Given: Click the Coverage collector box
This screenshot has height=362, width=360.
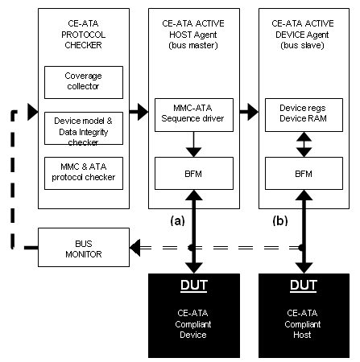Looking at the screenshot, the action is click(84, 82).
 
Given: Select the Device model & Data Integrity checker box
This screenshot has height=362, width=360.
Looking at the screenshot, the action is click(84, 129).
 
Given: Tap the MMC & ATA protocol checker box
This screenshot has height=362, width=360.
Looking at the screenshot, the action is click(84, 173).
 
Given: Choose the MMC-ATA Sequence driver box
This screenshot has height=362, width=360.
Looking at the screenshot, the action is click(194, 115).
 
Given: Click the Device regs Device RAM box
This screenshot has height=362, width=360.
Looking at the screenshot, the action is click(304, 115).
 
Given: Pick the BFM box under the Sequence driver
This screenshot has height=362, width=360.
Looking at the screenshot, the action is click(194, 173).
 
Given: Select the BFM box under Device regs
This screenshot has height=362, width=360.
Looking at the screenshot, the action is click(304, 173).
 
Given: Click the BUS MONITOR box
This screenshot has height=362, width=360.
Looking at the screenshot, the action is click(84, 247).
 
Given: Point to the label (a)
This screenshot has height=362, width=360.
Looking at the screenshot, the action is click(177, 221).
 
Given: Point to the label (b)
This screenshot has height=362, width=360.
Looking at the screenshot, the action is click(280, 221).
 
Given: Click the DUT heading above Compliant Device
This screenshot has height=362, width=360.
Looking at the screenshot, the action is click(194, 286).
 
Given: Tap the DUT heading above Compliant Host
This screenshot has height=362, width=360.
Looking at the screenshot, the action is click(304, 286).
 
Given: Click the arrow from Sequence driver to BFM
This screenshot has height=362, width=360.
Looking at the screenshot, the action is click(193, 144).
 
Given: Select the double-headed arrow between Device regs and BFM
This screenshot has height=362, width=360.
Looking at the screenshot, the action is click(304, 144).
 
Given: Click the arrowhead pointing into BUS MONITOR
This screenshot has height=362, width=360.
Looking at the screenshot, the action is click(135, 248).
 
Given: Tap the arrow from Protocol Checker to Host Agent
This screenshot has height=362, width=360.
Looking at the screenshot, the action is click(139, 112).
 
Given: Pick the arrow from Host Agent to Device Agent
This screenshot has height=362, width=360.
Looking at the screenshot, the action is click(249, 112).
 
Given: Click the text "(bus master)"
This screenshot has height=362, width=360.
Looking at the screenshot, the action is click(193, 45).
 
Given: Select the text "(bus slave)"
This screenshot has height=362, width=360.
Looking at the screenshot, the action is click(303, 45).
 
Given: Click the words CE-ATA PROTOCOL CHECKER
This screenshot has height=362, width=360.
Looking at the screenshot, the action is click(83, 35).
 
